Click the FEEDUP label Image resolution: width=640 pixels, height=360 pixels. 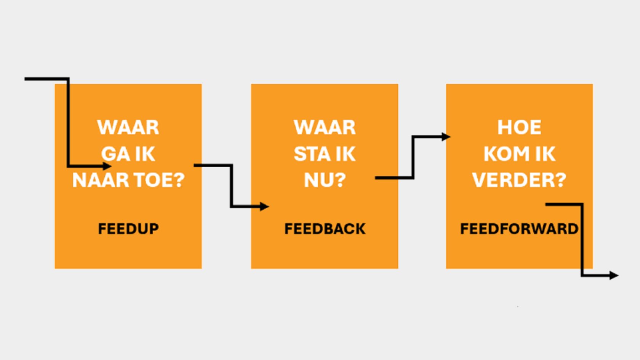coord(128,229)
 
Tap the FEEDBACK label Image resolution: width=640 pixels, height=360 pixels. coord(325,229)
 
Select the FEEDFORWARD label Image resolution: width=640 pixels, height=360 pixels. coord(519,229)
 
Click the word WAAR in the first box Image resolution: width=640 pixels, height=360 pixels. coord(128,127)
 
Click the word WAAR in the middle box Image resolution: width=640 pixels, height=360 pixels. coord(325,127)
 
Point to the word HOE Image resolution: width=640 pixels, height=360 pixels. coord(519,127)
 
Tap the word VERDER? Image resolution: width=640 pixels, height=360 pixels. coord(519,180)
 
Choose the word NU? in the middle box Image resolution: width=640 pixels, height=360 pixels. coord(325,180)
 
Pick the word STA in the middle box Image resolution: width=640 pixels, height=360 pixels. coord(310,154)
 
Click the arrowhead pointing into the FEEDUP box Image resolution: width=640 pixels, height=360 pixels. coord(107,166)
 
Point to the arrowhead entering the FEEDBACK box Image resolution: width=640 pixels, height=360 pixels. coord(264,206)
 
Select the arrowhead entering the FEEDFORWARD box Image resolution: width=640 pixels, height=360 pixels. coord(446,137)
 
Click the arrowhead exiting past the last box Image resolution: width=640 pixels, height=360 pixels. coord(614,275)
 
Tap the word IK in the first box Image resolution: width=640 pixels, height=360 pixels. coord(145,154)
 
